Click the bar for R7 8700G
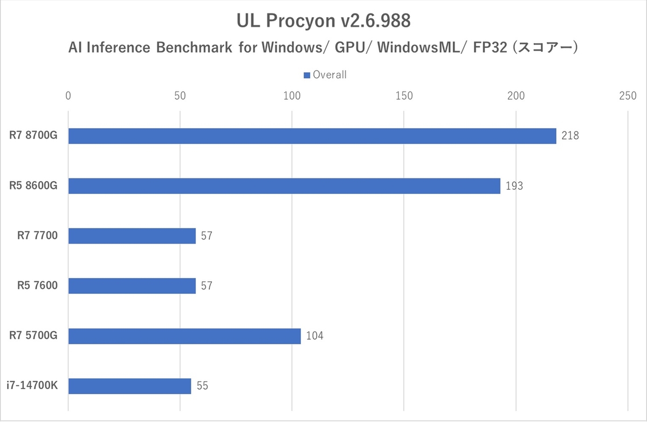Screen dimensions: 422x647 312,136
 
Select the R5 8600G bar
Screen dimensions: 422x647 284,186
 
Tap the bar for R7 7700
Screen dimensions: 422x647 132,236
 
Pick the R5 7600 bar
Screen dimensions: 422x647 132,286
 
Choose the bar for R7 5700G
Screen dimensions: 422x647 184,336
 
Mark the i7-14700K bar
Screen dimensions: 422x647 129,386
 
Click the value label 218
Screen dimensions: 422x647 569,136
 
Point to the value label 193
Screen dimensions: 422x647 514,186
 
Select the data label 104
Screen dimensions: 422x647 314,336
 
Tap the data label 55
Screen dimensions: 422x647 202,386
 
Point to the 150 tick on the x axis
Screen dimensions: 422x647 404,96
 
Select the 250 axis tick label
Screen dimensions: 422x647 628,96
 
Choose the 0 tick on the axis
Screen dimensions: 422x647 68,96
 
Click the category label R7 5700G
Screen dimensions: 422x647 33,336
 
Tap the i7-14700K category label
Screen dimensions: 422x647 32,386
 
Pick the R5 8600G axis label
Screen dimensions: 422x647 33,186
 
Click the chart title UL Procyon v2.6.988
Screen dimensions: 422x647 323,22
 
